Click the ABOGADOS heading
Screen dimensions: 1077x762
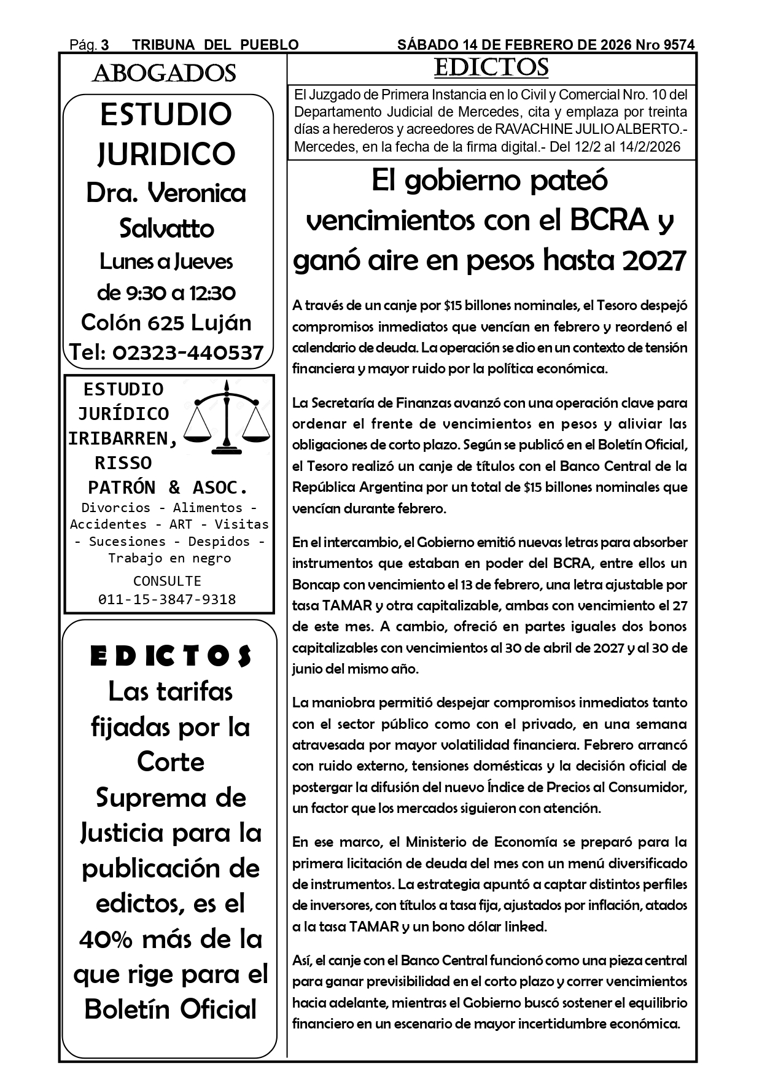164,74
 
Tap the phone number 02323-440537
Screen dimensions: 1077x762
185,352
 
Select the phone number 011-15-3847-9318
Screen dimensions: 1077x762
167,599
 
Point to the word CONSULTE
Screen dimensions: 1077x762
167,581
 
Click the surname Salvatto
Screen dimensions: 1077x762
166,228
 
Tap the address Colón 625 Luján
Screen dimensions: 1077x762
166,322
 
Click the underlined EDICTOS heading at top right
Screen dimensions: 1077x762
491,68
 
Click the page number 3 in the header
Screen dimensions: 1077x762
105,45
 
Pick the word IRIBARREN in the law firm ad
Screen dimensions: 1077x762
123,438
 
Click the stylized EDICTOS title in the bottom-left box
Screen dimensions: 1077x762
171,656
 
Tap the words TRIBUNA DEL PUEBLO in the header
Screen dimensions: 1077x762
216,45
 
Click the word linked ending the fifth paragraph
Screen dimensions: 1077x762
525,927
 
